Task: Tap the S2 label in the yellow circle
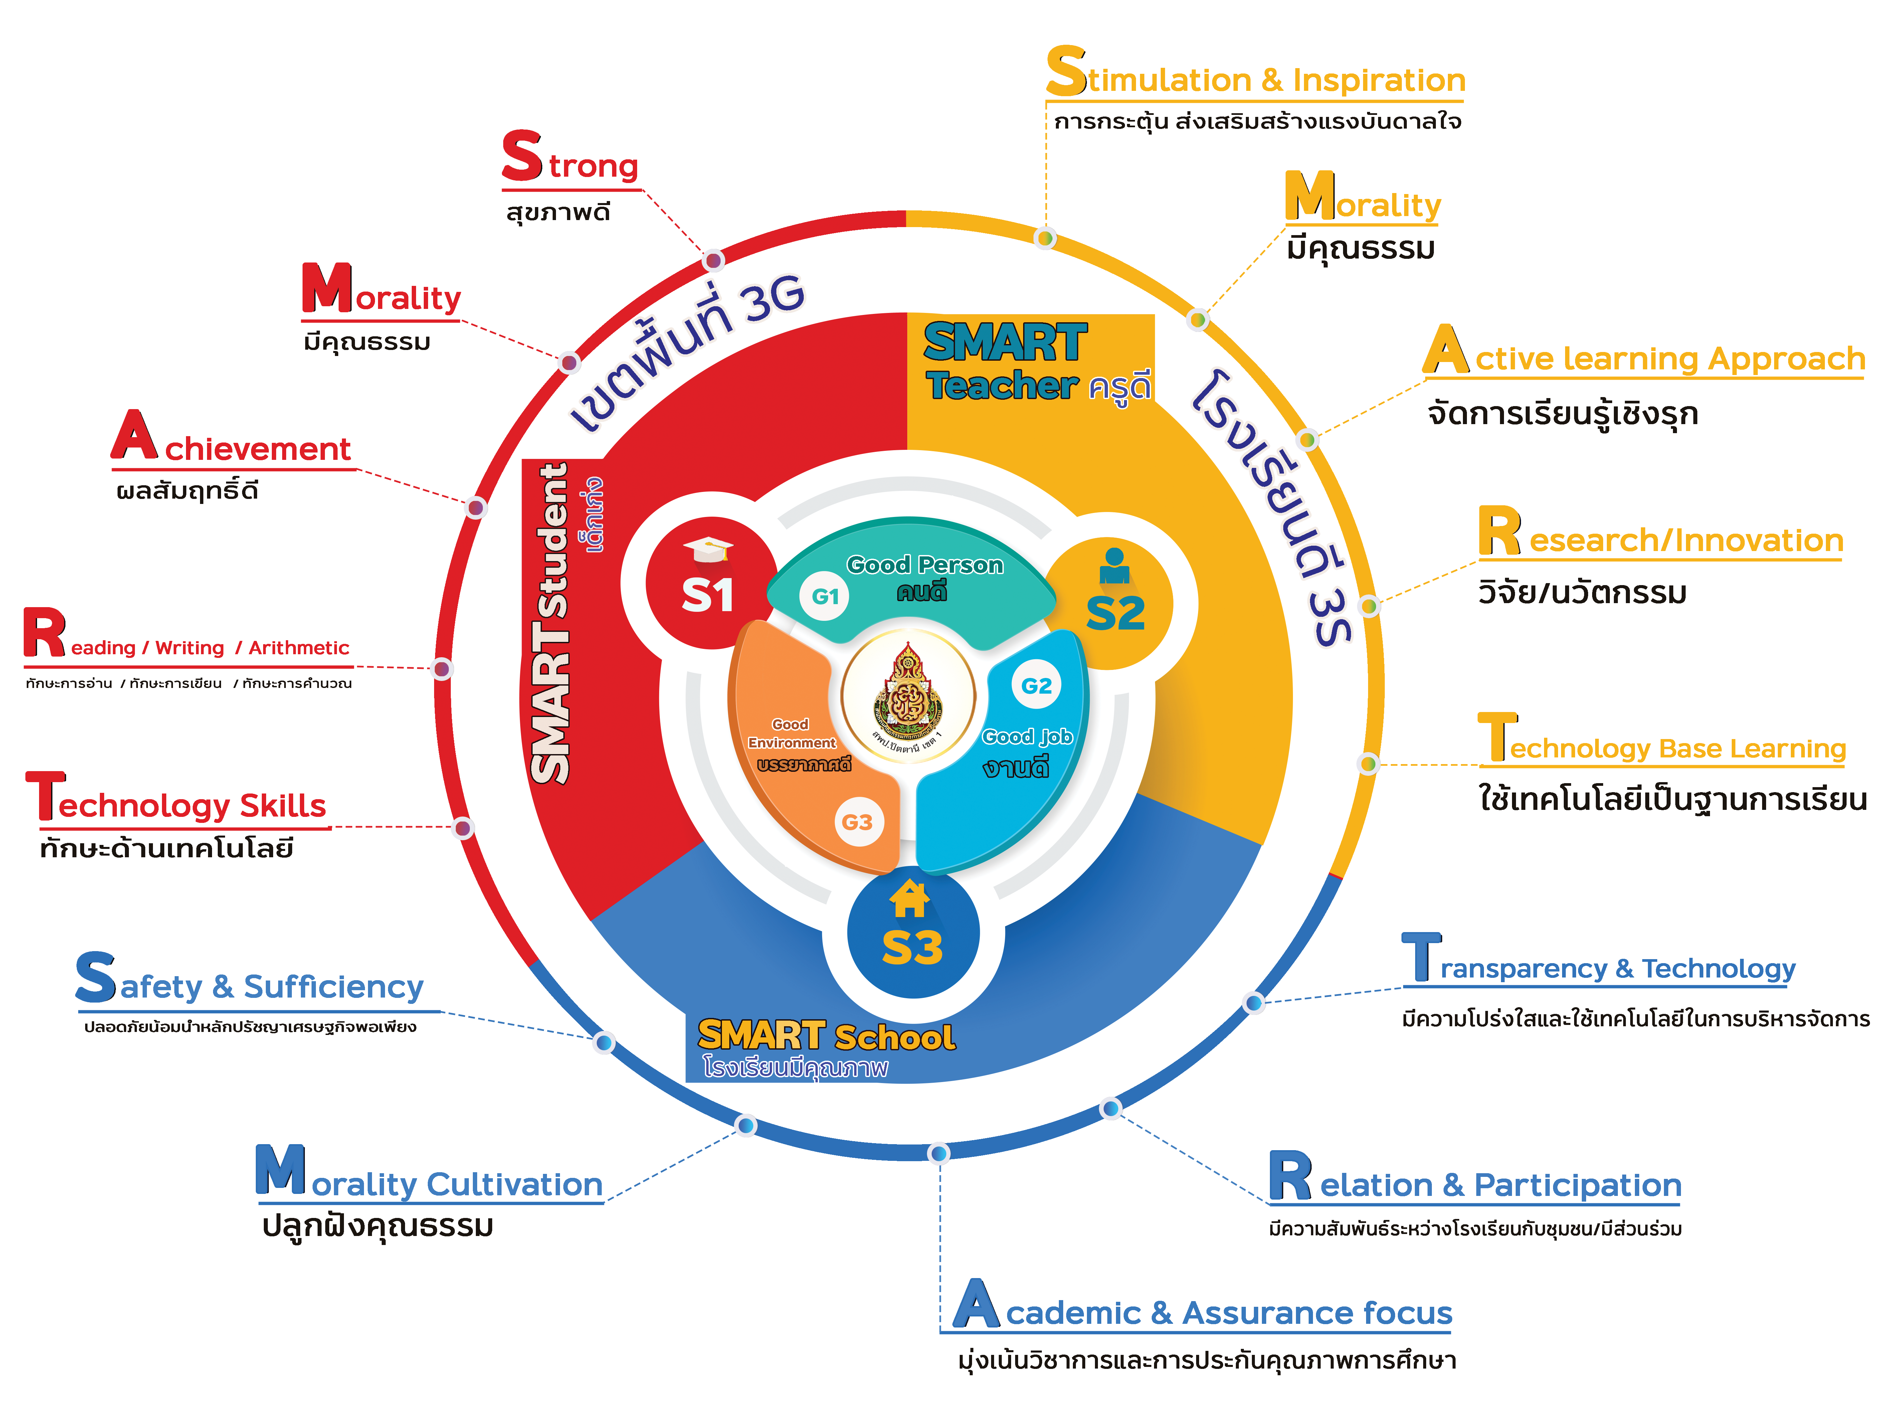click(x=1115, y=613)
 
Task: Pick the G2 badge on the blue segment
click(x=1036, y=686)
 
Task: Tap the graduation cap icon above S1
click(x=709, y=549)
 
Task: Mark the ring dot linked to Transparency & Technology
click(x=1254, y=1002)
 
